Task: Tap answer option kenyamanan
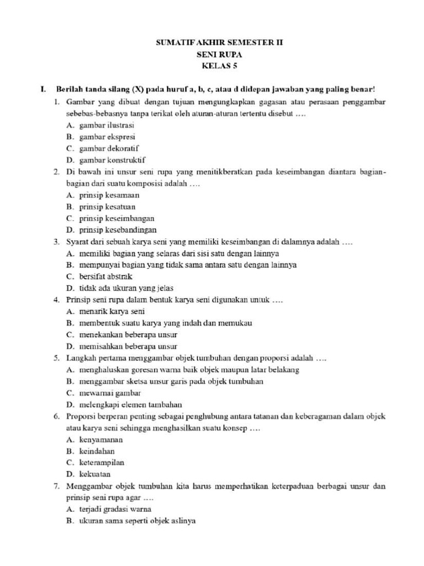101,440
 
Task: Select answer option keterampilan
102,463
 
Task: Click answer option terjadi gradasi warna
115,509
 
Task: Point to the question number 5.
57,358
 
